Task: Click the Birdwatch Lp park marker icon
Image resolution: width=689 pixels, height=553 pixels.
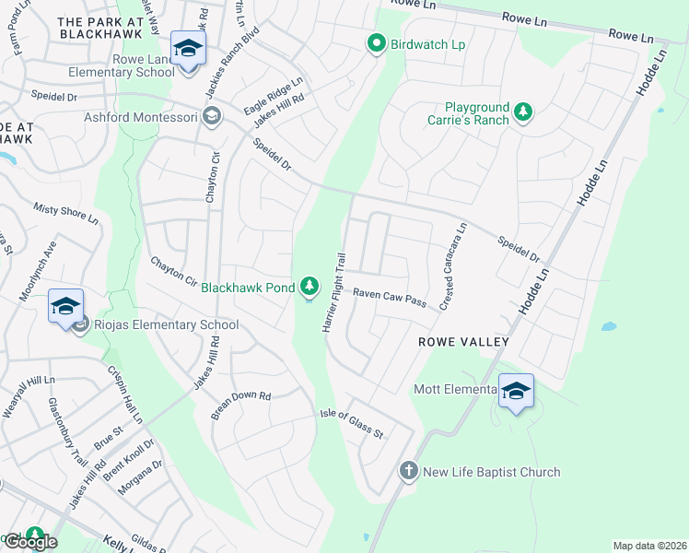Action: point(376,43)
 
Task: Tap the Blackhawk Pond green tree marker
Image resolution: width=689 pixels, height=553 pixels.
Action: point(310,288)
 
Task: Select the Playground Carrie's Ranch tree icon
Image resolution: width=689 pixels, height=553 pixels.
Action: point(523,112)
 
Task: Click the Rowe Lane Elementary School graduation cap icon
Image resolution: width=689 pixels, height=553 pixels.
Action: point(188,51)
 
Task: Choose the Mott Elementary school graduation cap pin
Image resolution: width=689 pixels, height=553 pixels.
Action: point(516,391)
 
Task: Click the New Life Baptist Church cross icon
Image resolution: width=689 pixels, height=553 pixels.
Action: point(409,472)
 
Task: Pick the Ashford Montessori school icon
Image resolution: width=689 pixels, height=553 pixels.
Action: point(212,116)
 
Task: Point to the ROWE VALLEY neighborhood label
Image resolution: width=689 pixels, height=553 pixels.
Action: point(463,342)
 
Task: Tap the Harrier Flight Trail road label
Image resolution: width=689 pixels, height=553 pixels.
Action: point(333,294)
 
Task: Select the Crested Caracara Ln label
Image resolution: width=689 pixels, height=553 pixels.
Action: point(454,266)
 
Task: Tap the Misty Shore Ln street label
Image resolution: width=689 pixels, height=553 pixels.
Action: point(65,214)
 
